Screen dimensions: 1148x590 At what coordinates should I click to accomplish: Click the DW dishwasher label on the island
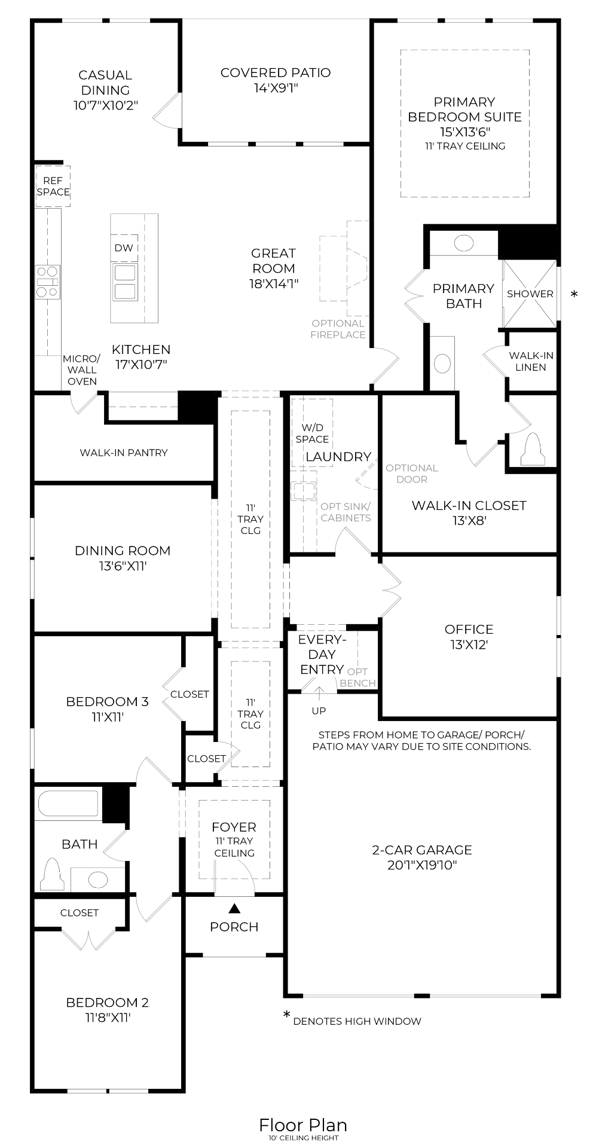pos(124,248)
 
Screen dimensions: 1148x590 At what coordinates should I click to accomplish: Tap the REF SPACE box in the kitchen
pos(53,187)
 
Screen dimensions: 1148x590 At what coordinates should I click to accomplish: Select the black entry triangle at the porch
pos(234,908)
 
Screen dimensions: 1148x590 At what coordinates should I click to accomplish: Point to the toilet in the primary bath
pos(532,449)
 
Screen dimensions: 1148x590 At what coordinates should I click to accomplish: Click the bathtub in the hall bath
pos(68,804)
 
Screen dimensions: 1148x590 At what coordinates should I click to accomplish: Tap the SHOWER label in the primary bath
pos(530,294)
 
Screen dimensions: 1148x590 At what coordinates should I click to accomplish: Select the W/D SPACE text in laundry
pos(312,433)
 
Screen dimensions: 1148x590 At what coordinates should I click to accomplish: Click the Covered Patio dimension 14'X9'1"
pos(275,88)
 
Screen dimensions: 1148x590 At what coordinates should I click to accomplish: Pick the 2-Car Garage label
pos(421,850)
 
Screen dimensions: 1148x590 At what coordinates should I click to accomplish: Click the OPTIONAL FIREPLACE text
pos(338,329)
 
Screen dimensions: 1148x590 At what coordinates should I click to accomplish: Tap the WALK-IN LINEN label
pos(531,361)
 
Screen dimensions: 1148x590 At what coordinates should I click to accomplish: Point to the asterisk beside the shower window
pos(574,294)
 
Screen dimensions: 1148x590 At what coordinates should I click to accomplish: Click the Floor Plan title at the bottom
pos(302,1125)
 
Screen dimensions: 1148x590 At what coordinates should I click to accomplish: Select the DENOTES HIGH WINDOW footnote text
pos(357,1021)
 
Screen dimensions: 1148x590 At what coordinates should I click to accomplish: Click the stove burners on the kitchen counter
pos(48,282)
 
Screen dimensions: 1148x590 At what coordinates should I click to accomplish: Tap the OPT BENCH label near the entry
pos(357,677)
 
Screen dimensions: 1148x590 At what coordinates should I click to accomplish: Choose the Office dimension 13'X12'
pos(469,645)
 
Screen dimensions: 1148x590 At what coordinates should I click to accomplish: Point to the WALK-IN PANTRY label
pos(124,453)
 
